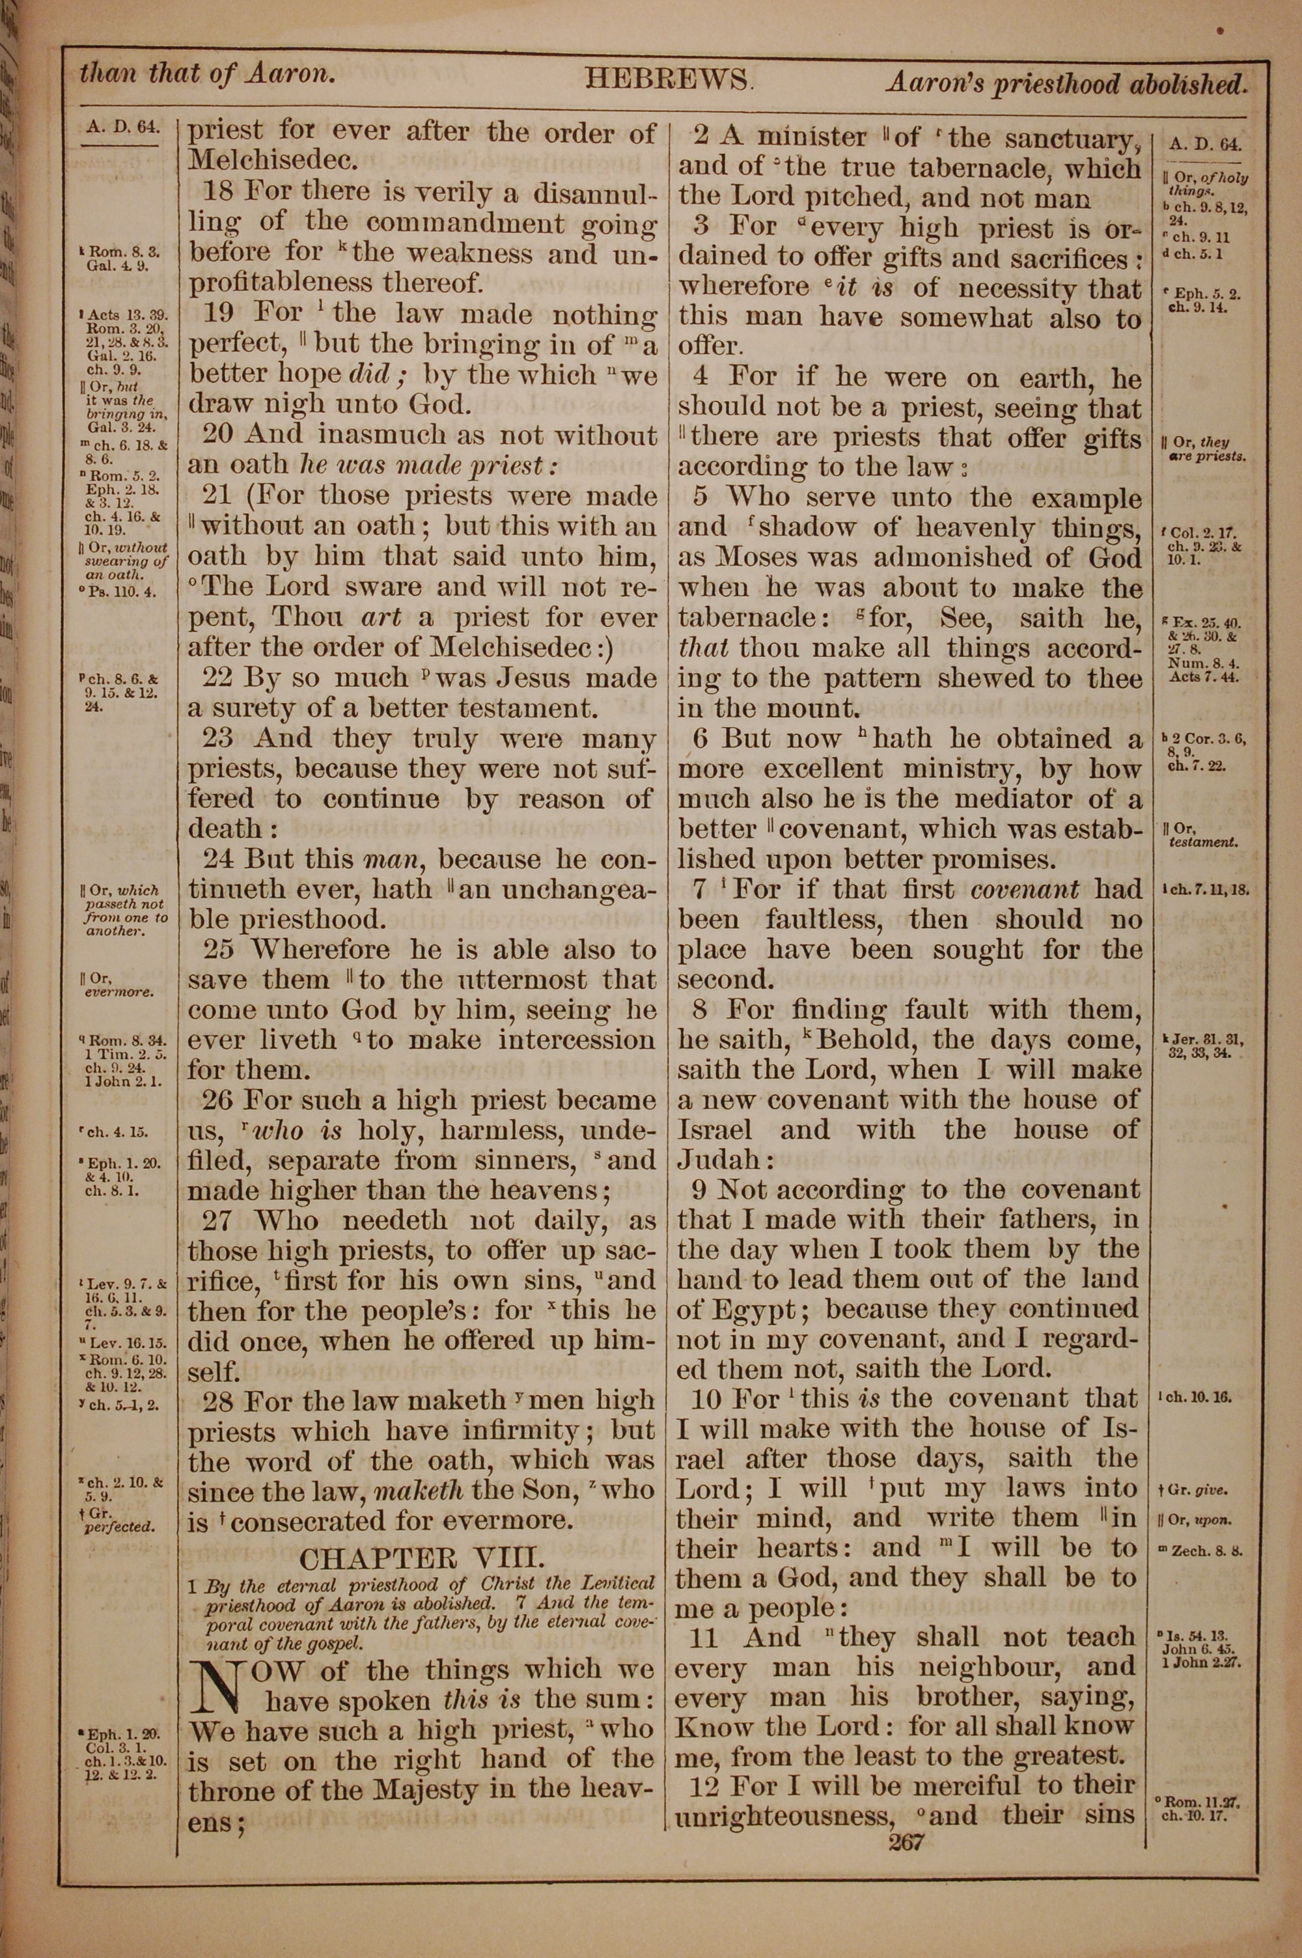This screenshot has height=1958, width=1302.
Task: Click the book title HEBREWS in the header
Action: pyautogui.click(x=669, y=79)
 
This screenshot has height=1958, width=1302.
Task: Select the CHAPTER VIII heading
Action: pyautogui.click(x=422, y=1558)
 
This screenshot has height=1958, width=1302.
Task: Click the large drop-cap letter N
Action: pyautogui.click(x=211, y=1687)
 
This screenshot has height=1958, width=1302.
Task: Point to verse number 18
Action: pyautogui.click(x=219, y=192)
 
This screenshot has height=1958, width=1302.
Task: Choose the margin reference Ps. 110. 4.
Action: pyautogui.click(x=120, y=592)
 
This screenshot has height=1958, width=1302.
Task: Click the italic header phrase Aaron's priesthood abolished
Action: pyautogui.click(x=1066, y=83)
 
